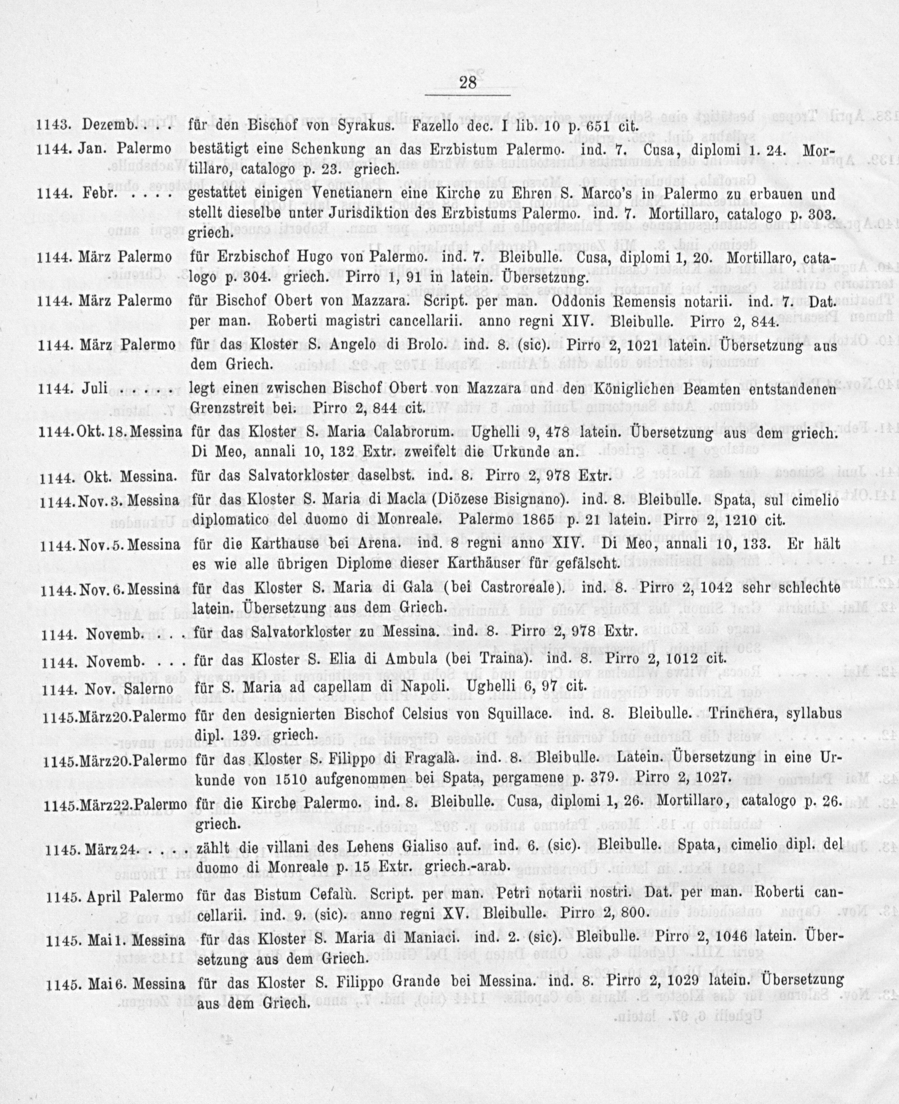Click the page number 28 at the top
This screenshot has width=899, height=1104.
468,83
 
